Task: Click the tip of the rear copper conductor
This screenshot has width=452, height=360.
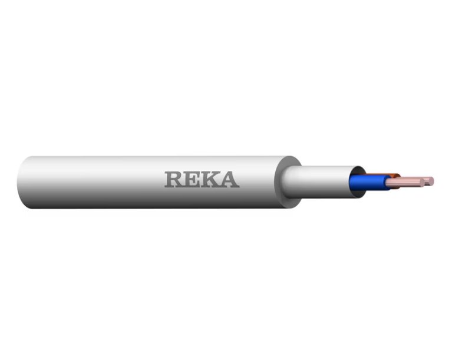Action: tap(431, 179)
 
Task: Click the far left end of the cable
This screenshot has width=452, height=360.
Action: tap(21, 182)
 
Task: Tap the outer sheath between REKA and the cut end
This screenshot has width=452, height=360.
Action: tap(259, 182)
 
